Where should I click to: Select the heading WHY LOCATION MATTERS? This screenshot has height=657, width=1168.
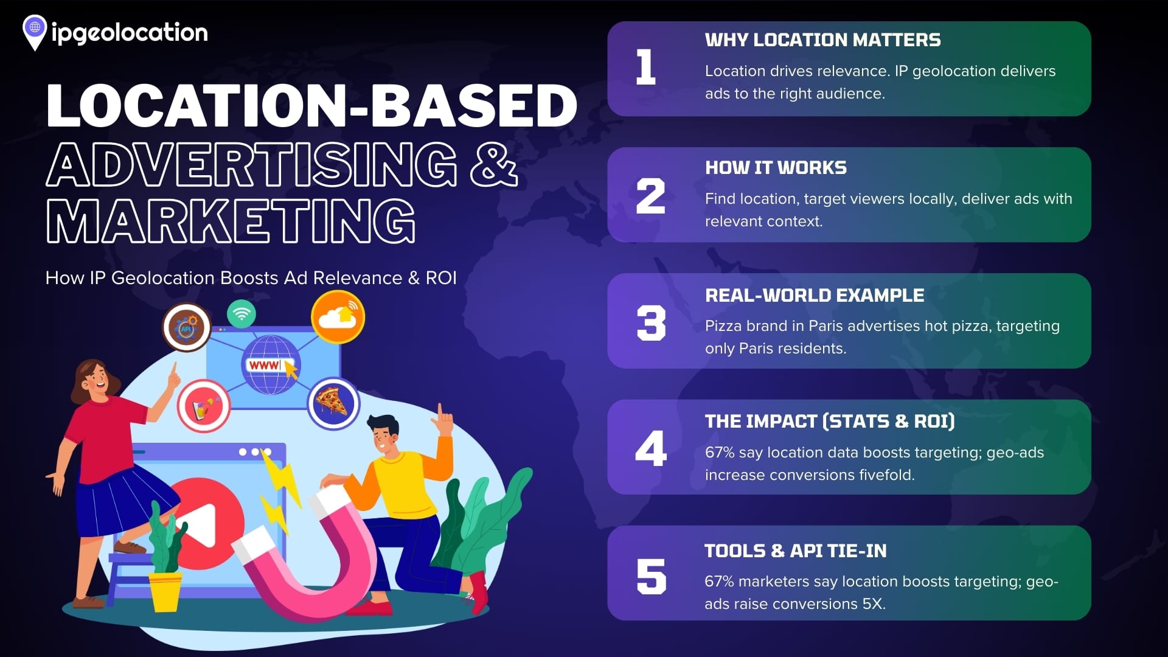pyautogui.click(x=822, y=40)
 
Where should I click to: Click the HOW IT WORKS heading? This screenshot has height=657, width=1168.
pyautogui.click(x=776, y=168)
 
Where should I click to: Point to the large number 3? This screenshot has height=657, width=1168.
pyautogui.click(x=651, y=322)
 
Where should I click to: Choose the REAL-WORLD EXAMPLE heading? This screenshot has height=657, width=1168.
pyautogui.click(x=815, y=296)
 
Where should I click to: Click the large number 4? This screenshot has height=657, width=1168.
pyautogui.click(x=651, y=448)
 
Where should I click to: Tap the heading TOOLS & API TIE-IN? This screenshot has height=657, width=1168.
pyautogui.click(x=796, y=551)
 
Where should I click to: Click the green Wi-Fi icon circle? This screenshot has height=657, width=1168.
pyautogui.click(x=242, y=314)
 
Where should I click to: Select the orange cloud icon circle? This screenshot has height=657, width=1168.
pyautogui.click(x=338, y=317)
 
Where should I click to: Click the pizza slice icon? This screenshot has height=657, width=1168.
pyautogui.click(x=333, y=403)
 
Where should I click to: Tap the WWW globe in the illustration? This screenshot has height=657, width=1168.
pyautogui.click(x=271, y=365)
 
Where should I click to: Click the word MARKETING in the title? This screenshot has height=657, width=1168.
pyautogui.click(x=231, y=221)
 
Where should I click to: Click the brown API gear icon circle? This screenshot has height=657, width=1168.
pyautogui.click(x=187, y=328)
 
